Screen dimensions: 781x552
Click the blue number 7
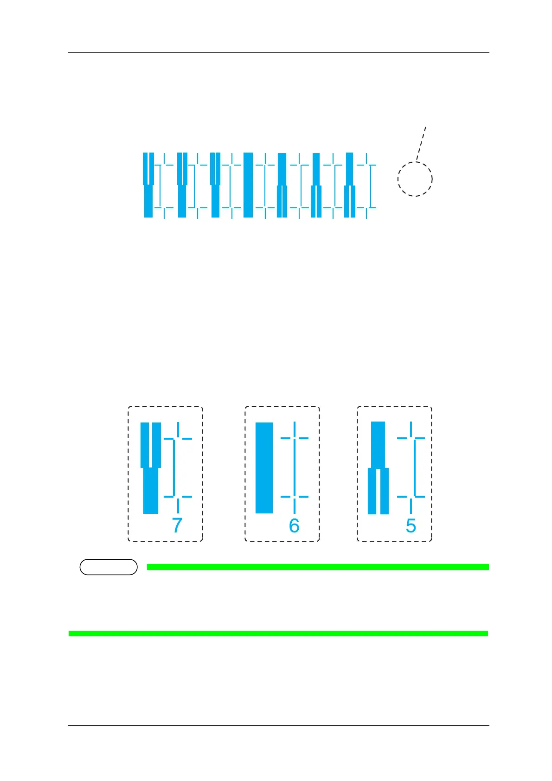pos(177,525)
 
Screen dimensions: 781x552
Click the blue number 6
pos(294,525)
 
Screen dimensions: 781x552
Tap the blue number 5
pos(411,525)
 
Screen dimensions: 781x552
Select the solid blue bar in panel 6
pos(264,467)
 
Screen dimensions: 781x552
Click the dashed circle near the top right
pos(415,179)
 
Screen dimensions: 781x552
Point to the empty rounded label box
pos(109,567)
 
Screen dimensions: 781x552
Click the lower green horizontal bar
pos(278,634)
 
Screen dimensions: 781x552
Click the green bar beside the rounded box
pos(318,567)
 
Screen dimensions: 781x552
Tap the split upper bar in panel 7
pos(151,444)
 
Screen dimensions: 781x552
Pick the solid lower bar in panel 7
pos(151,491)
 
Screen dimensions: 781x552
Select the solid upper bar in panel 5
pos(378,444)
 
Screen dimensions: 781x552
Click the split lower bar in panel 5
pos(378,492)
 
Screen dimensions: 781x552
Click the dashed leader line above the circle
pos(421,144)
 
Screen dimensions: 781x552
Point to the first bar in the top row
pos(148,185)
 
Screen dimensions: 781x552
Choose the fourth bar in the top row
pos(248,185)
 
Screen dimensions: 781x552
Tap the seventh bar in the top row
pos(350,185)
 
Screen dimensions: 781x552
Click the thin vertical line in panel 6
pos(295,467)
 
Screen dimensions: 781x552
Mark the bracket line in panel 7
pos(174,467)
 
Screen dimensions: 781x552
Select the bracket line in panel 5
pos(415,467)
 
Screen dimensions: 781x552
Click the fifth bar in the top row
pos(282,185)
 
